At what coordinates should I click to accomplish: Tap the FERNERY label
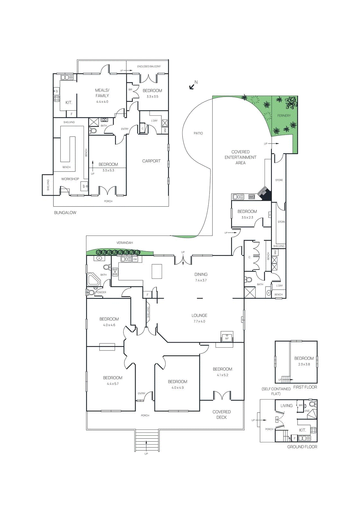point(284,116)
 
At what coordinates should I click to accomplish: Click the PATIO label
point(198,133)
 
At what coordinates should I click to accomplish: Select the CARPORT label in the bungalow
point(151,161)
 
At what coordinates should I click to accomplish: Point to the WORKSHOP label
point(70,179)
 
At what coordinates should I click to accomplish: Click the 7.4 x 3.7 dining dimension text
point(201,280)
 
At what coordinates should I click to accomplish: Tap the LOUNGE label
point(199,315)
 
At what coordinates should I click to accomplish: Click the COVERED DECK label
point(221,414)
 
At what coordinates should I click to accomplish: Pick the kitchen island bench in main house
point(157,271)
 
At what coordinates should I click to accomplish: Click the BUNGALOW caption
point(65,213)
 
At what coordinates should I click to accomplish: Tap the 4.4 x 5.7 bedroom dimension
point(113,384)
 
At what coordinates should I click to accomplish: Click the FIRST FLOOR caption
point(305,387)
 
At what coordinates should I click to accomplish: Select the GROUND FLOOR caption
point(302,447)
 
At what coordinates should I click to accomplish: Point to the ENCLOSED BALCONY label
point(149,66)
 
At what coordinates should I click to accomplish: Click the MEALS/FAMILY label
point(102,93)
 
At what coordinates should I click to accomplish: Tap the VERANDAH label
point(125,243)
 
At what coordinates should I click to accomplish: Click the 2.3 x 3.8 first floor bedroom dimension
point(304,364)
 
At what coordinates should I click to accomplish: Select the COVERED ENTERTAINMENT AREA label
point(240,157)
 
